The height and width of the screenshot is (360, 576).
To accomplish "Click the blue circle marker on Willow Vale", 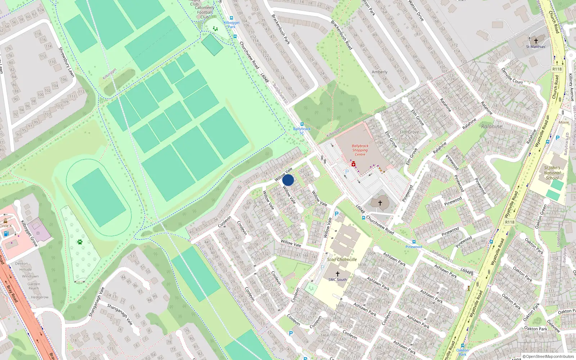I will click(x=288, y=180).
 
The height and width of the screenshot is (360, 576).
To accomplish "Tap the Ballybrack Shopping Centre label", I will click(x=360, y=150).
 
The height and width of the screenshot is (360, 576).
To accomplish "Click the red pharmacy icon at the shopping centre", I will click(x=354, y=164).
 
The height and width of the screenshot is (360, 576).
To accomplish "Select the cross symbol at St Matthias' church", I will click(x=536, y=41).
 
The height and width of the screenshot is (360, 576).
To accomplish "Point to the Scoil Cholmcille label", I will click(x=342, y=259).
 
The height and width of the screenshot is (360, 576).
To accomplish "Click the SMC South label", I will click(x=337, y=279).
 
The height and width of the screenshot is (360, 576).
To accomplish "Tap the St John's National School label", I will click(x=552, y=173).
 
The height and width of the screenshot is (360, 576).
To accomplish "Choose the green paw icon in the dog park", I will click(x=80, y=242).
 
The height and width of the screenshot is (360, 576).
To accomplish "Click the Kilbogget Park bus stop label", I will click(x=231, y=24).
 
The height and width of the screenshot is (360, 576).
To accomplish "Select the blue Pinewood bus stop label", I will click(x=414, y=247).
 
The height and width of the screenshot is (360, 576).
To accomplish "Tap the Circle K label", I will click(x=5, y=226).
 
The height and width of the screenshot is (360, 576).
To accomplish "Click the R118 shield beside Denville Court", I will click(x=557, y=69).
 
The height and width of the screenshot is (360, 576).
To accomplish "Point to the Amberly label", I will click(x=379, y=72).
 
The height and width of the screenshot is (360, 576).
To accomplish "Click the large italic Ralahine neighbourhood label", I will click(x=491, y=126).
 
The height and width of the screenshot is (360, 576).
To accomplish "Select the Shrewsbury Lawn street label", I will click(x=66, y=62).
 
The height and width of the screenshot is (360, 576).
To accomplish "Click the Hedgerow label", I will click(x=40, y=297).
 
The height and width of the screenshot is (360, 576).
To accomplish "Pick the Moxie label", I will click(x=564, y=122).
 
